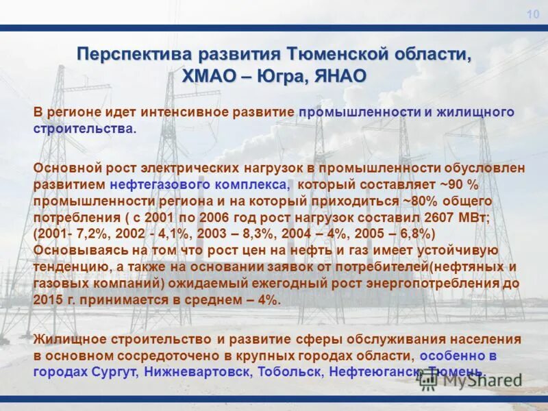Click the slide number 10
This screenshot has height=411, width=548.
533,15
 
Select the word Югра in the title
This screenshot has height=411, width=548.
282,75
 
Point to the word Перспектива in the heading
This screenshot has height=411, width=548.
134,54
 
